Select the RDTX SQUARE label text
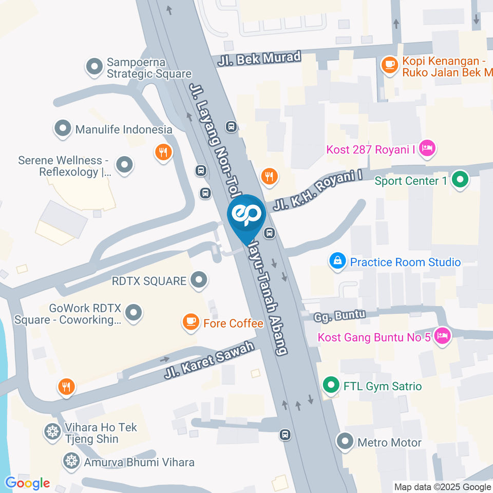149,281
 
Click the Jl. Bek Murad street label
259,58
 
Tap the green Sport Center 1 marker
460,180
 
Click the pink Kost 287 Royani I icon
427,149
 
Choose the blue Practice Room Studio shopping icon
337,261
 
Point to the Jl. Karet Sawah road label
209,361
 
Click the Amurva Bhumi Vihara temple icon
70,461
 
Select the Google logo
27,483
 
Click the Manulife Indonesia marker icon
63,129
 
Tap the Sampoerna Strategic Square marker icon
94,67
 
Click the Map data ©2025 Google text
442,487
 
